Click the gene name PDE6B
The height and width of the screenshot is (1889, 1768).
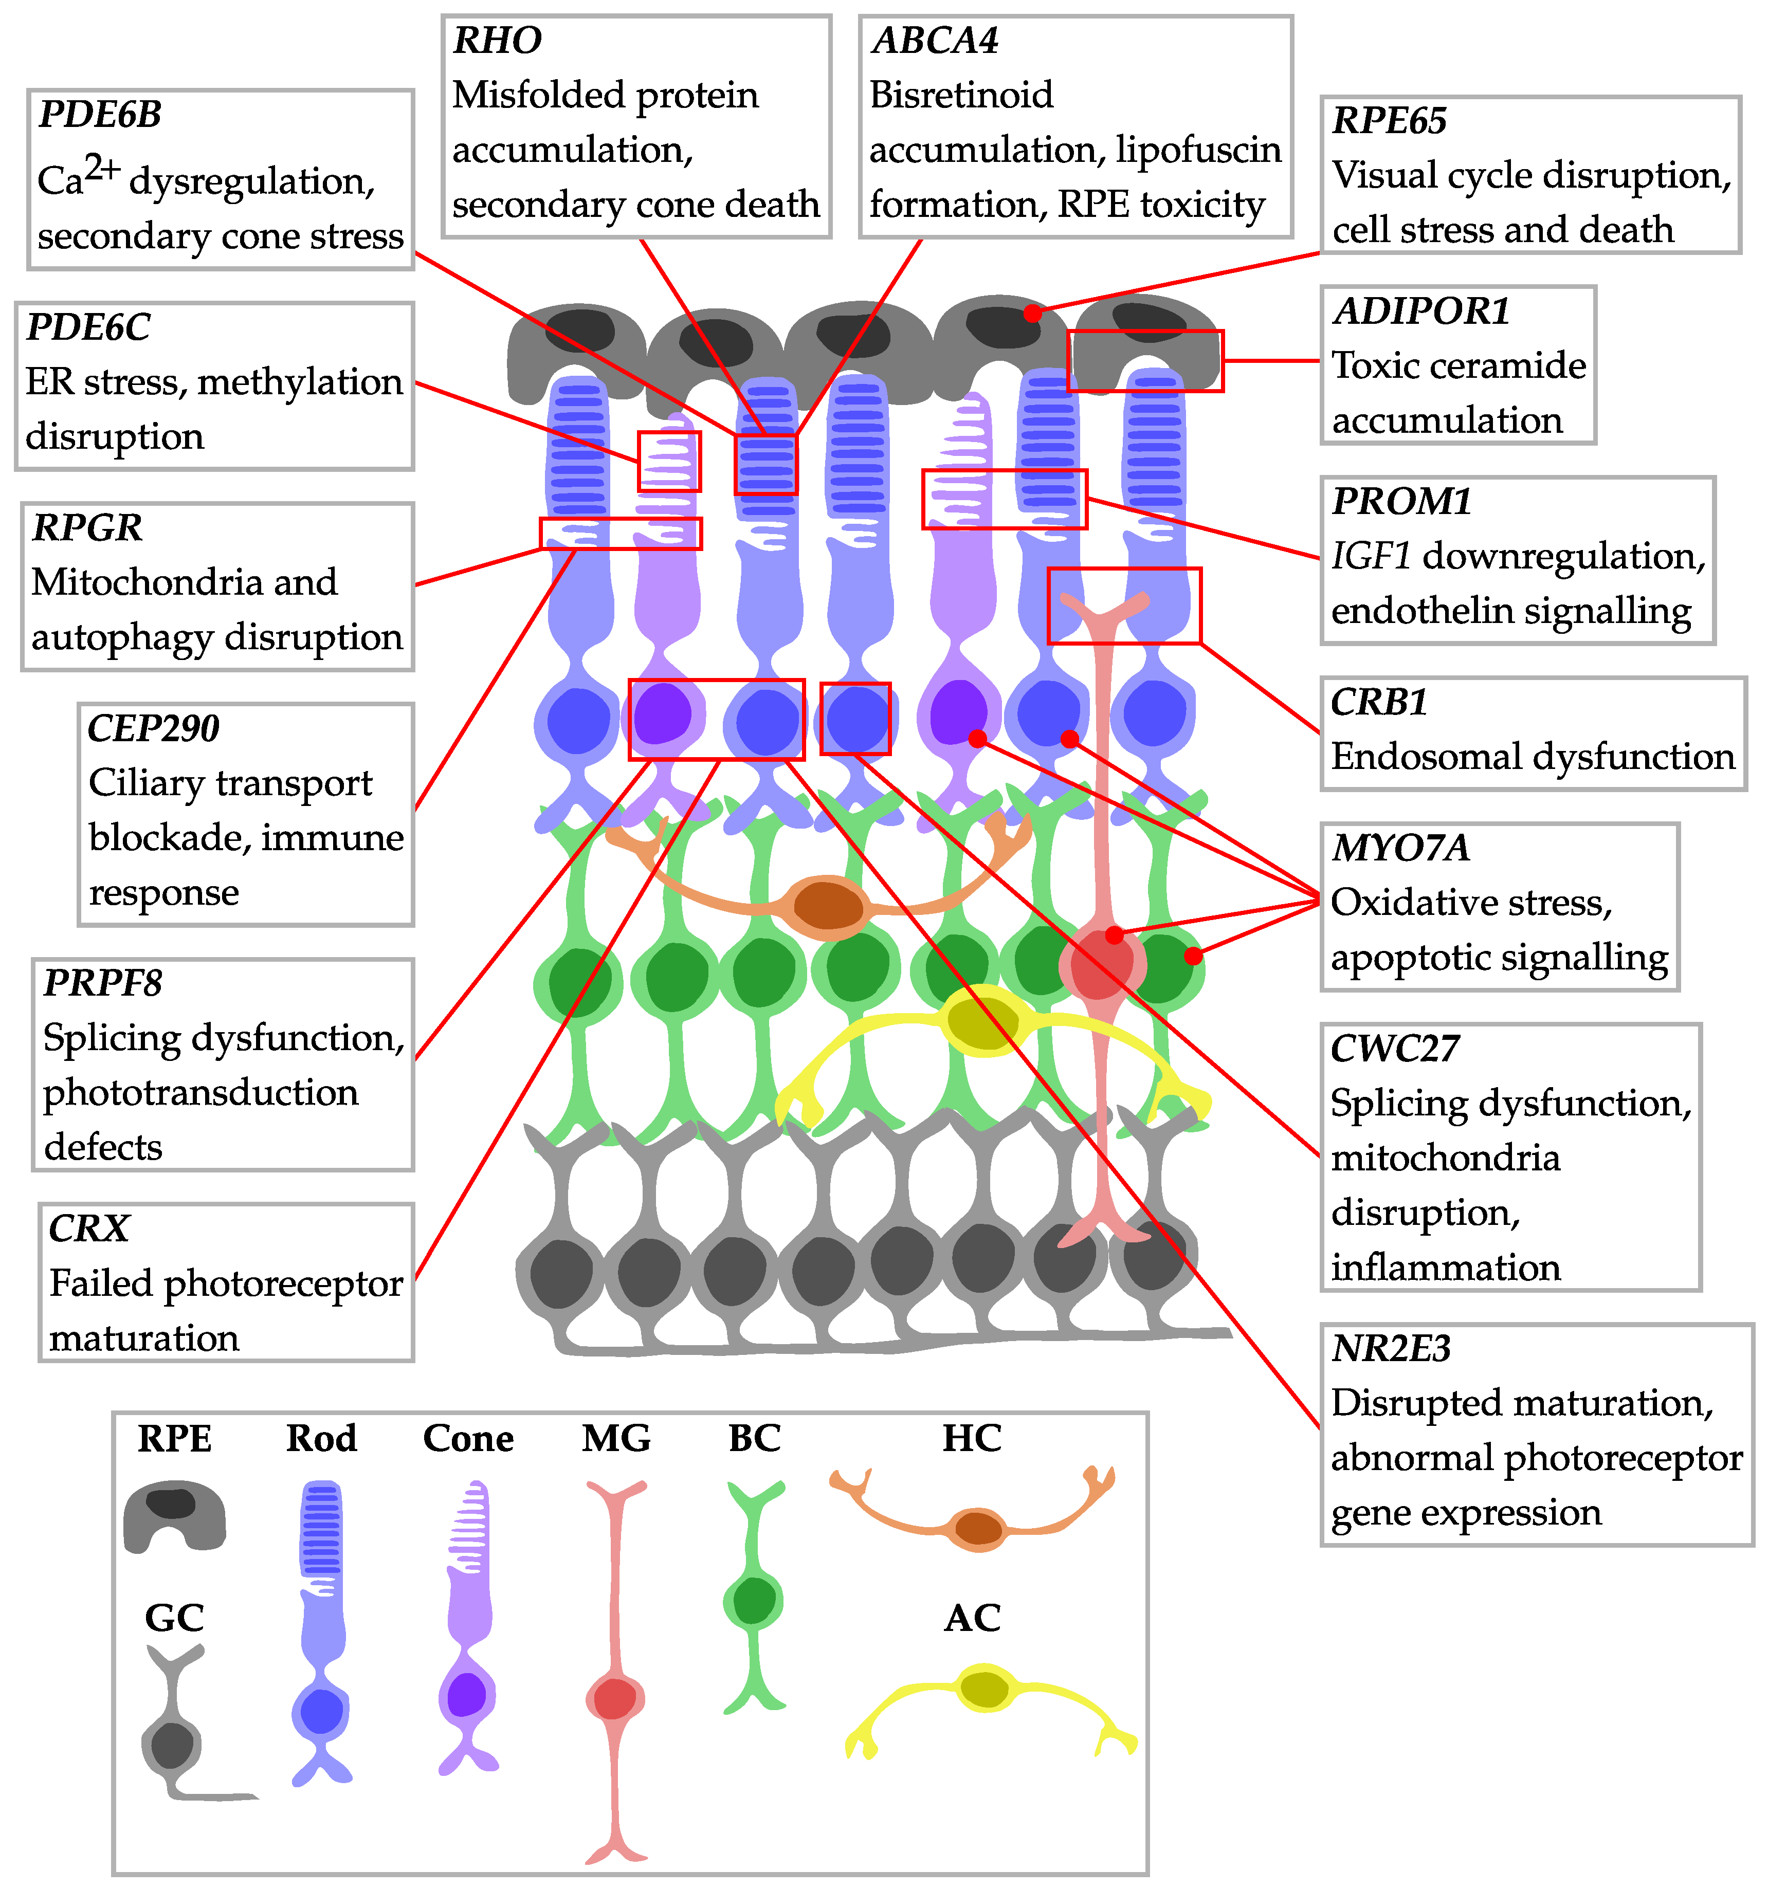pyautogui.click(x=100, y=115)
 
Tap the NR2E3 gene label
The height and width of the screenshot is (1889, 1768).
pyautogui.click(x=1391, y=1348)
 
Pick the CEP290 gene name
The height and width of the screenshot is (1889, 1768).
pyautogui.click(x=153, y=729)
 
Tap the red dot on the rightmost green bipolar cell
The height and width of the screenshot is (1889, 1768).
pyautogui.click(x=1193, y=955)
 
